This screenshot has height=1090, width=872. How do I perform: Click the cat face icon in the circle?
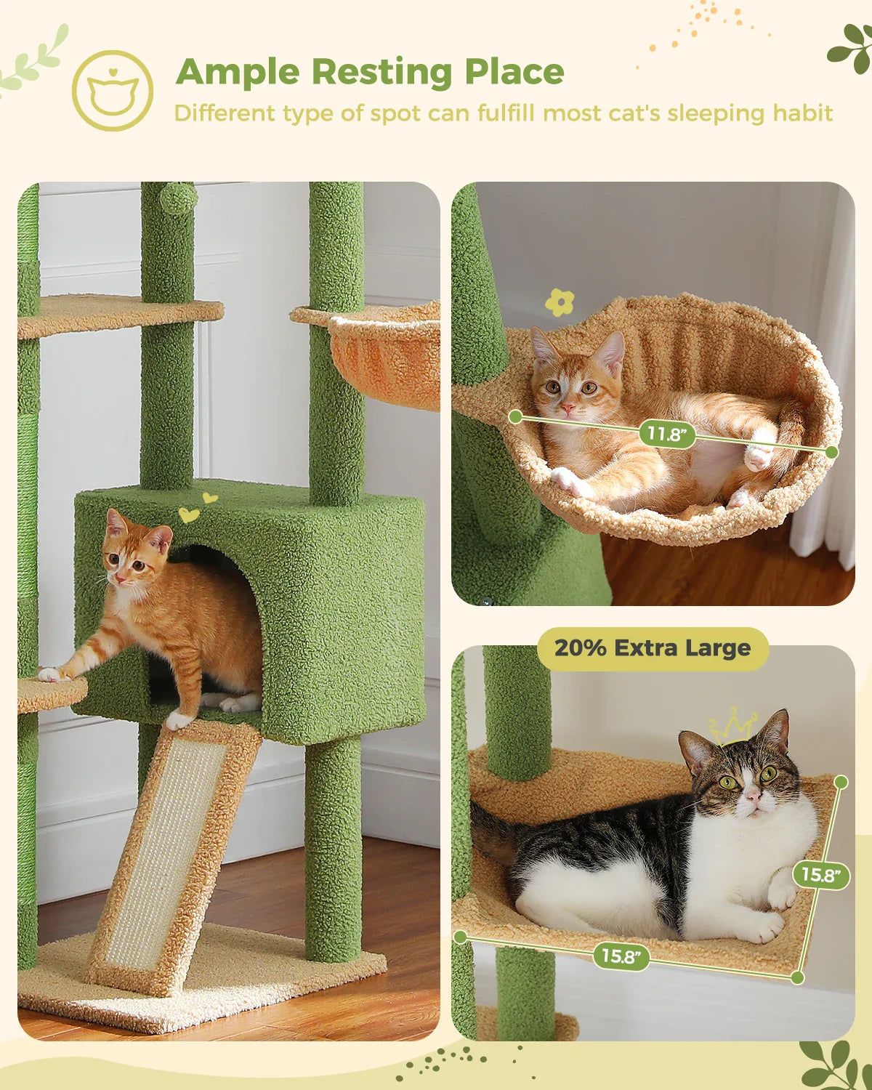tap(113, 91)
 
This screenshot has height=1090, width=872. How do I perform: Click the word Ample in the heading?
tap(238, 73)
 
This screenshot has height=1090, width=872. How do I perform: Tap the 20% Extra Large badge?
tap(652, 648)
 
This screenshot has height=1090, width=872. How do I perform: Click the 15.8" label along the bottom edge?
tap(621, 956)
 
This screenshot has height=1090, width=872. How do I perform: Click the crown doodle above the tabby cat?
tap(733, 726)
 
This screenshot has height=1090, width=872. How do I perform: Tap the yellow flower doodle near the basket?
tap(559, 302)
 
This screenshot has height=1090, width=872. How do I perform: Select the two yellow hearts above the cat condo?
tap(198, 507)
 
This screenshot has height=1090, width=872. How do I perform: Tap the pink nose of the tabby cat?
tap(753, 798)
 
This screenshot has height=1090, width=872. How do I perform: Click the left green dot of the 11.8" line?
tap(515, 416)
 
